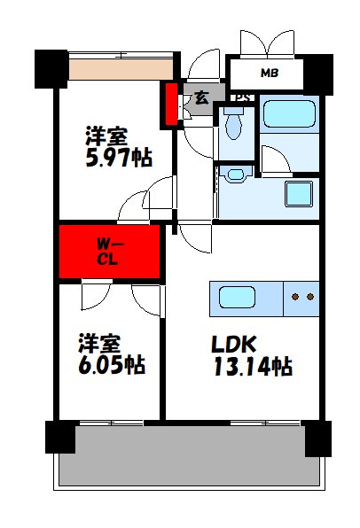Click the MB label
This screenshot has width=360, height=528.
[270, 72]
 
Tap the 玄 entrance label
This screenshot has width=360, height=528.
[201, 98]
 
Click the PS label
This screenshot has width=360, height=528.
[239, 97]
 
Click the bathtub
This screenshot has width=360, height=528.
[289, 114]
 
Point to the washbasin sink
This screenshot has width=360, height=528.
[236, 175]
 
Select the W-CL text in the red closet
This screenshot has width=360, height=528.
[110, 252]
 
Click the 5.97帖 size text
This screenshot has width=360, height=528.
[117, 158]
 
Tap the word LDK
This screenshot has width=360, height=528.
[235, 343]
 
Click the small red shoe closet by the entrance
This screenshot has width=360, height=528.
[170, 105]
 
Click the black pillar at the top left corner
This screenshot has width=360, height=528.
[51, 66]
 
